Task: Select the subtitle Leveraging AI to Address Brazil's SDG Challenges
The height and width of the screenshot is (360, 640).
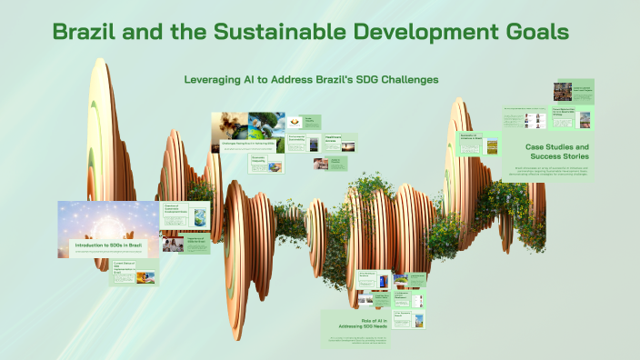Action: [312, 80]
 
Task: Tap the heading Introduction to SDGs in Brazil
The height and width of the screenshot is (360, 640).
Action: [108, 245]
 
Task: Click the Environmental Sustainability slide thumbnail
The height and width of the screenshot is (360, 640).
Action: [305, 143]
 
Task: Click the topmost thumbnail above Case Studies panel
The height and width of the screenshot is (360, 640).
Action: [573, 91]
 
